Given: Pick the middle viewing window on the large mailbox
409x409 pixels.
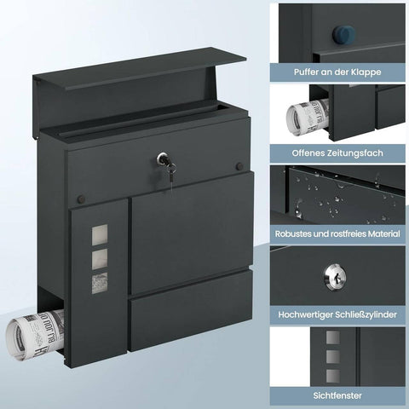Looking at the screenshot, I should tap(101, 257).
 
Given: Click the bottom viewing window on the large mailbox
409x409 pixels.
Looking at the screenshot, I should tap(101, 281).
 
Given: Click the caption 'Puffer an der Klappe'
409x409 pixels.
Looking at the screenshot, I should tap(339, 72).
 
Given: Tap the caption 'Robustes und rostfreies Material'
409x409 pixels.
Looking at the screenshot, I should tap(339, 233).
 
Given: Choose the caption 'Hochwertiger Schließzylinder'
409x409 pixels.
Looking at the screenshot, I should tap(339, 314).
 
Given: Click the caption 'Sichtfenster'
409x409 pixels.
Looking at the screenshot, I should tap(339, 395).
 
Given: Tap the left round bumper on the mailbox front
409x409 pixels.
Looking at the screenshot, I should tap(81, 199).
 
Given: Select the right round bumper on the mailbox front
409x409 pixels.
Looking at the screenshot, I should tap(239, 164).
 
